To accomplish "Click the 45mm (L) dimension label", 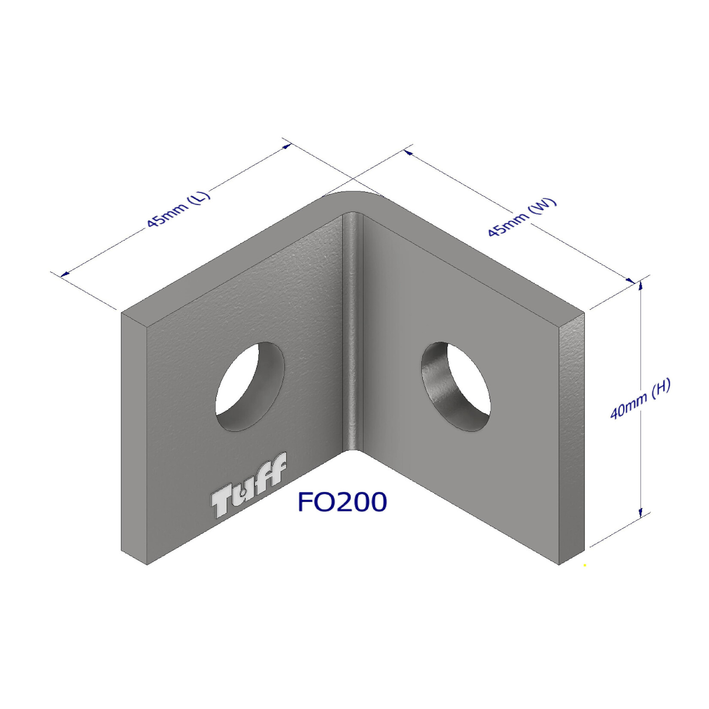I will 178,209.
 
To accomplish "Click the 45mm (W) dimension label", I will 522,218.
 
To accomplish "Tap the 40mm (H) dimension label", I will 640,400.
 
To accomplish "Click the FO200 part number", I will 342,502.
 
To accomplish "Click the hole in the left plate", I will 250,386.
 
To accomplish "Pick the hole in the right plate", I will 456,386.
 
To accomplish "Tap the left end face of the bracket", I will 134,438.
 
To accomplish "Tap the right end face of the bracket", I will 572,438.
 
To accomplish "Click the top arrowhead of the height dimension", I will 641,285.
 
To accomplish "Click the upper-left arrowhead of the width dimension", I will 408,152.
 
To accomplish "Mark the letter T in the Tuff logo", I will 222,503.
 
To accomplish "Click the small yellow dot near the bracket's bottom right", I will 585,566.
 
